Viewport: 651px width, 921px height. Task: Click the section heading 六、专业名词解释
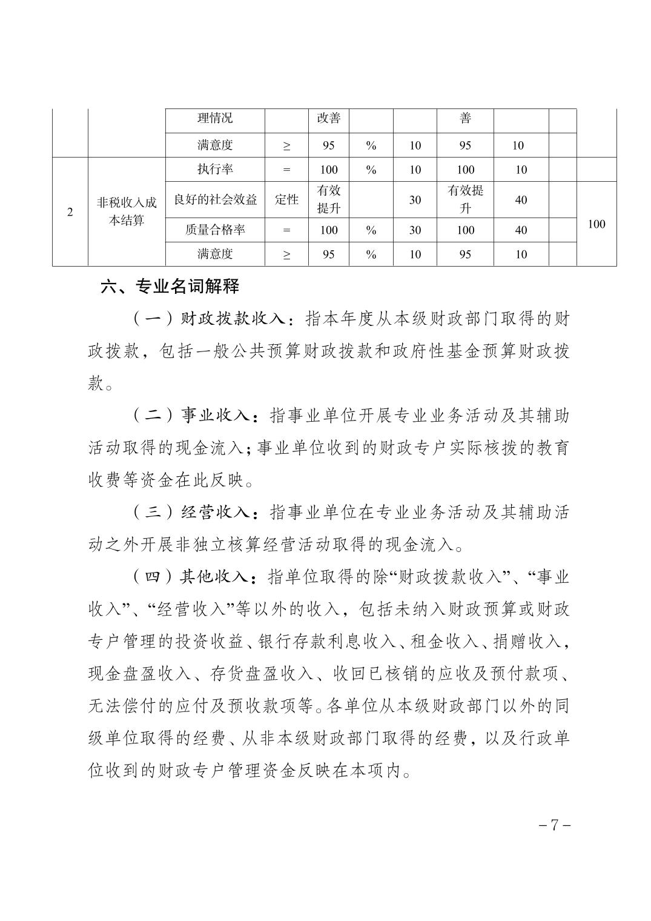pyautogui.click(x=170, y=286)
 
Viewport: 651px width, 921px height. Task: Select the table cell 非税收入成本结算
pyautogui.click(x=127, y=211)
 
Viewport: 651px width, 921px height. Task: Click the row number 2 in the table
pyautogui.click(x=70, y=212)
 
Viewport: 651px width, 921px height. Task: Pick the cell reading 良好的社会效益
pyautogui.click(x=215, y=199)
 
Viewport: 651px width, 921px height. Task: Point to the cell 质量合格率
pyautogui.click(x=215, y=230)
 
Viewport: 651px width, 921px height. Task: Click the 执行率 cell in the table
pyautogui.click(x=215, y=170)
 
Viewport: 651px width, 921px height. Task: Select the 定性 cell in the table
pyautogui.click(x=286, y=199)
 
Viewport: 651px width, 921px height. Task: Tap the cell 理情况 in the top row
pyautogui.click(x=215, y=118)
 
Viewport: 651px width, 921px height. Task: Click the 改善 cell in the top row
pyautogui.click(x=329, y=118)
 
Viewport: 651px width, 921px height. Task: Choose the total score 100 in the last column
pyautogui.click(x=596, y=224)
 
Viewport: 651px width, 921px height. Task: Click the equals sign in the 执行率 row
pyautogui.click(x=286, y=170)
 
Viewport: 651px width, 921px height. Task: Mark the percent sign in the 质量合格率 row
pyautogui.click(x=371, y=230)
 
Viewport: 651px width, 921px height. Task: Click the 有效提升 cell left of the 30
pyautogui.click(x=329, y=199)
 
